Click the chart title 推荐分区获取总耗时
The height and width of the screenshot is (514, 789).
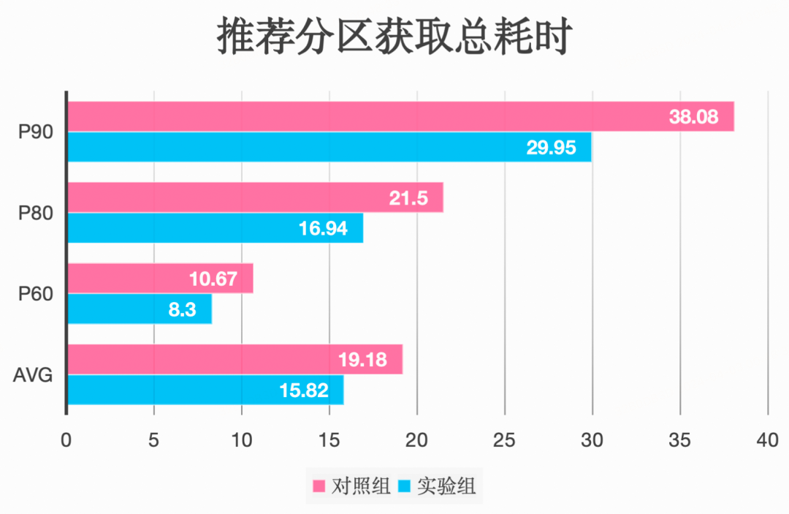394,37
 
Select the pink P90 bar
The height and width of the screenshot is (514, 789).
400,116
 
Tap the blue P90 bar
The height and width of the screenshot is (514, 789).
329,147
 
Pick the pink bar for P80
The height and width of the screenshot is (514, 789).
255,197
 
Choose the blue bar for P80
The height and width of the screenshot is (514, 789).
216,228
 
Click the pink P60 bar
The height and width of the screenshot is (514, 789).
161,279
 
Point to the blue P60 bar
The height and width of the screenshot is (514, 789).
140,309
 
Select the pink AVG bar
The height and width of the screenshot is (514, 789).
235,360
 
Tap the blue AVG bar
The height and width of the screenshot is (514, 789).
205,390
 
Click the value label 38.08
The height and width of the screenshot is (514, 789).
693,117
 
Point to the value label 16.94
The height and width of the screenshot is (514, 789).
323,229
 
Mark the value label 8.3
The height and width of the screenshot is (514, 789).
182,309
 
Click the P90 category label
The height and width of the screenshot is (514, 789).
36,132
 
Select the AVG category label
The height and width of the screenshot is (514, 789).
33,375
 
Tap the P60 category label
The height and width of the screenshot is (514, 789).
36,294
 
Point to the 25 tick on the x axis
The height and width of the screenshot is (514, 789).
505,440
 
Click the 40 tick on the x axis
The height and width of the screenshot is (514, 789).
768,440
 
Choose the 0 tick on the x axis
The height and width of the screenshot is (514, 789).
66,440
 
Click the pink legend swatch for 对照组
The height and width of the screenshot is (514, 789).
319,486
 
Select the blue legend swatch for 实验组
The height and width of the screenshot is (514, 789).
404,486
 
